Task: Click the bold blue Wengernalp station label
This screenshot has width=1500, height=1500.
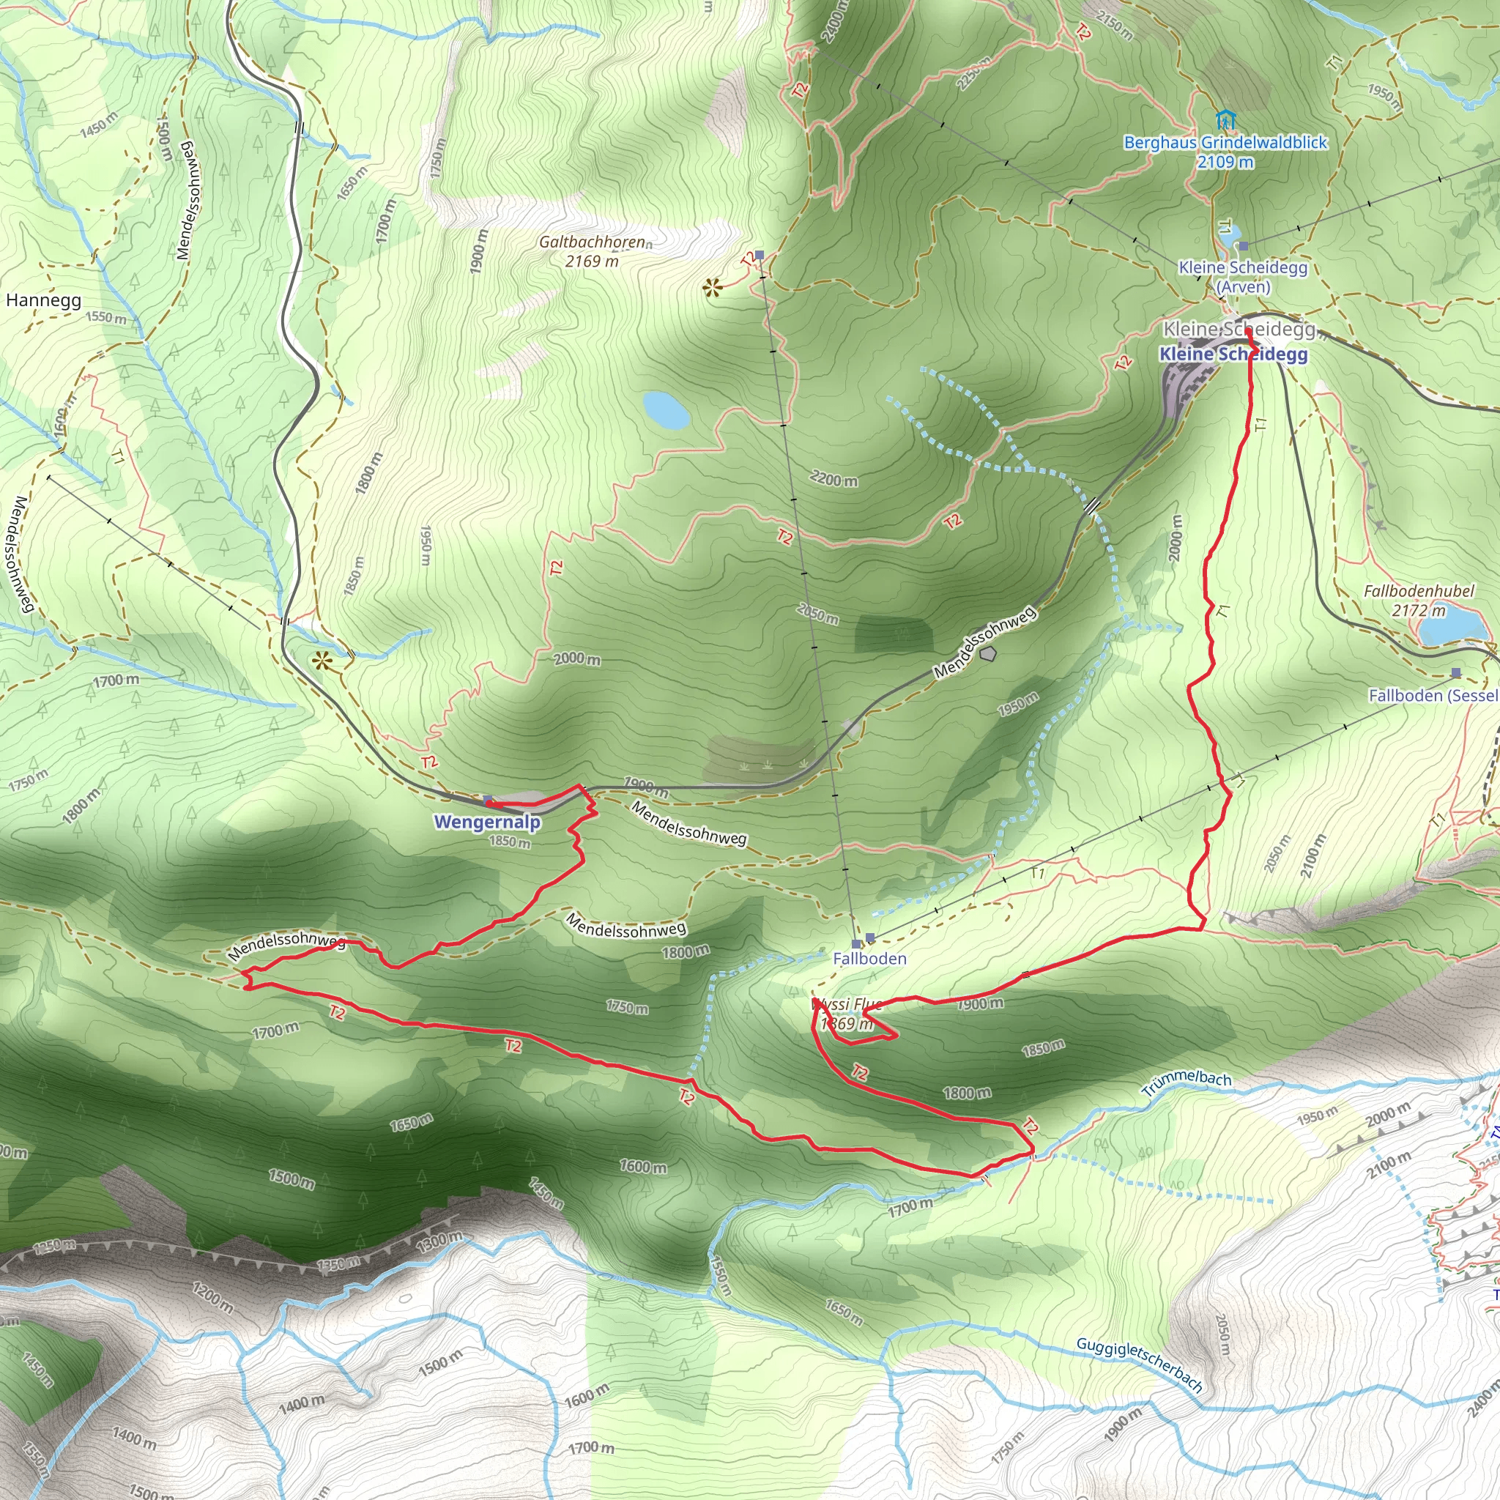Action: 487,822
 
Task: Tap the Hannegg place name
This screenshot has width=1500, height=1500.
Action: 43,300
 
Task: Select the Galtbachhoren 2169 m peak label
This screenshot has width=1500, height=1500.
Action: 593,251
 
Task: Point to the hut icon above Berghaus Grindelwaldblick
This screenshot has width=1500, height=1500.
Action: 1225,120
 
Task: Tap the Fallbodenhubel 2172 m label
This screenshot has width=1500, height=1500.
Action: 1419,600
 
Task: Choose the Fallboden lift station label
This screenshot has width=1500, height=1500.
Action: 869,958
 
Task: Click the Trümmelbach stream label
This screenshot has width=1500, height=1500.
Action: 1187,1083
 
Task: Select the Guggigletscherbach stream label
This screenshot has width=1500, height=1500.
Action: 1139,1364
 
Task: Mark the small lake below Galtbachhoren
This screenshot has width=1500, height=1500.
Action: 665,409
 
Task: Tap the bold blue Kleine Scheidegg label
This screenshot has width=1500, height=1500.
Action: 1233,354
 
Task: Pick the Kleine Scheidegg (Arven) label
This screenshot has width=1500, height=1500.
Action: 1243,277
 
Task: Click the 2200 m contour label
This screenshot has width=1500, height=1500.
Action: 833,480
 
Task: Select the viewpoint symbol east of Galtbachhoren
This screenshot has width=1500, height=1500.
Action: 712,289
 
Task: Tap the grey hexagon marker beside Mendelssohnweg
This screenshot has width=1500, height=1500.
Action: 987,654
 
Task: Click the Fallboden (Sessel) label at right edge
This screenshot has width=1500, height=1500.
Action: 1433,695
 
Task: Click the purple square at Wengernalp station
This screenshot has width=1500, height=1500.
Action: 488,800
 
